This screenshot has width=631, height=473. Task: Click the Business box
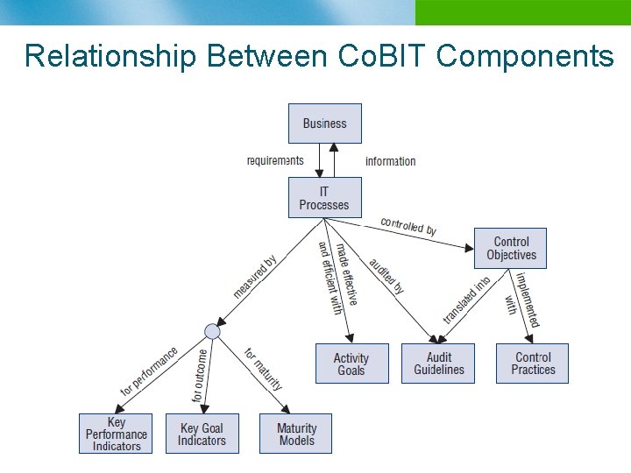[x=324, y=124]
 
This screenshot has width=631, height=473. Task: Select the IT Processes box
[x=324, y=197]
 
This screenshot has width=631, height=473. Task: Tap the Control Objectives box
[x=511, y=248]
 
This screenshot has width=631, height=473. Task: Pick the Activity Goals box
[x=351, y=364]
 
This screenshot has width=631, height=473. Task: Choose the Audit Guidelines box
[x=439, y=364]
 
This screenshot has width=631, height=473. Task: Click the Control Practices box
[x=533, y=364]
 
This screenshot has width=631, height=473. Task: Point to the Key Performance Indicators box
[x=116, y=434]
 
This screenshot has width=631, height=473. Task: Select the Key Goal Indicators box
[x=202, y=434]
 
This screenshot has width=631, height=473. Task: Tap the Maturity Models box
[x=296, y=434]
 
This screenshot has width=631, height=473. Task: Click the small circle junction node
[x=211, y=331]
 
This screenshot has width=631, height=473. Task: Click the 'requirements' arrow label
[x=275, y=160]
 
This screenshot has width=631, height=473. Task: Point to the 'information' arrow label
[x=390, y=161]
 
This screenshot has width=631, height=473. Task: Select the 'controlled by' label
[x=408, y=226]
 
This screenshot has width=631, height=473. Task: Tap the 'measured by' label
[x=255, y=277]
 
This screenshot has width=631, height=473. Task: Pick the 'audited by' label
[x=386, y=277]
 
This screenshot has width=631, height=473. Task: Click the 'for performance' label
[x=149, y=371]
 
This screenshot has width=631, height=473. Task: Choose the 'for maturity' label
[x=263, y=369]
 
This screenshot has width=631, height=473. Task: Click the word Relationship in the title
[x=111, y=56]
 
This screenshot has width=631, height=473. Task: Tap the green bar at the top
[x=522, y=12]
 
